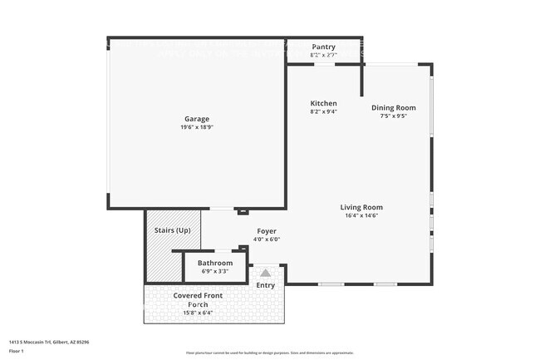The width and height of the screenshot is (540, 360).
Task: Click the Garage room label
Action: (x=197, y=119)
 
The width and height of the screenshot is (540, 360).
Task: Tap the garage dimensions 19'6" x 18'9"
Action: (x=197, y=127)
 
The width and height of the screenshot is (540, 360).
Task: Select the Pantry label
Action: (x=323, y=47)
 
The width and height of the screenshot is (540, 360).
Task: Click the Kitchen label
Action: (x=323, y=103)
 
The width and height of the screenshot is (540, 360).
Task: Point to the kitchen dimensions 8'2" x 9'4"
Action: (x=323, y=111)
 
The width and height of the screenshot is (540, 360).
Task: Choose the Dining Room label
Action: (x=393, y=107)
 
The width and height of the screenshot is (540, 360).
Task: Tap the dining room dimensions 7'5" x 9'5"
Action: (x=393, y=116)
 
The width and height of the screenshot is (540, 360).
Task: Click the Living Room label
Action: (x=361, y=207)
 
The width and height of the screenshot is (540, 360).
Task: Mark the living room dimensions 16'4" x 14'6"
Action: (x=361, y=215)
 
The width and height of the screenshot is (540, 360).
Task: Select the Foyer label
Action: (x=266, y=231)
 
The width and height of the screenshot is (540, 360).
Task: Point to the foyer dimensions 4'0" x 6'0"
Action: (x=266, y=239)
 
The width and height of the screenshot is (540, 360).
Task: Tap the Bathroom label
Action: (x=214, y=263)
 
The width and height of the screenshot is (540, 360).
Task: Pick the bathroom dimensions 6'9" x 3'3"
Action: (x=214, y=271)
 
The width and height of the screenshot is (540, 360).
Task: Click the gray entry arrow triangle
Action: (x=265, y=272)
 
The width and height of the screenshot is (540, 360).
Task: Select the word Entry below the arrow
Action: (x=265, y=286)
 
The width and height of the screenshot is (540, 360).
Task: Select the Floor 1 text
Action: (x=17, y=351)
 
